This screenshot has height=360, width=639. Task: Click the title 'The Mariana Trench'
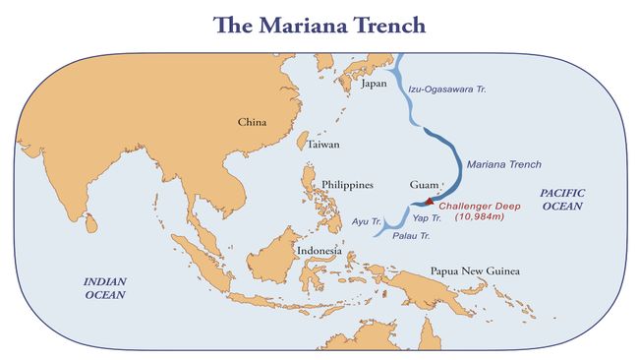click(x=319, y=24)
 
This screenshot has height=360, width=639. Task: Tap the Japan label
click(x=375, y=85)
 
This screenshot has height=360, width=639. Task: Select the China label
click(x=253, y=123)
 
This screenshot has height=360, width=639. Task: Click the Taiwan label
click(x=323, y=145)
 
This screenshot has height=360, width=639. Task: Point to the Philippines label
click(x=348, y=185)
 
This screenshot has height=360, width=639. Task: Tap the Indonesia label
click(x=319, y=251)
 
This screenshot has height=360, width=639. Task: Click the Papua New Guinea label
click(x=475, y=271)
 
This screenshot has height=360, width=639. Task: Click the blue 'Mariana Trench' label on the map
click(x=503, y=164)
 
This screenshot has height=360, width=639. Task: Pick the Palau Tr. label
click(x=411, y=237)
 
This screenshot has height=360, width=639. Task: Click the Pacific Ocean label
click(x=561, y=202)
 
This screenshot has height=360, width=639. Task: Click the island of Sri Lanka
click(x=90, y=224)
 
